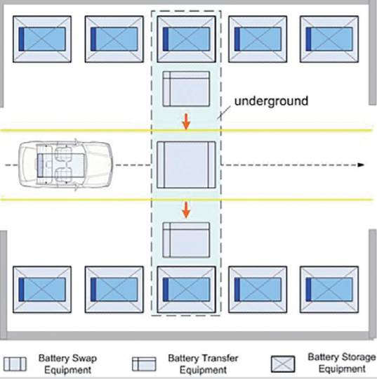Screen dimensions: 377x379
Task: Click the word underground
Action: (271, 101)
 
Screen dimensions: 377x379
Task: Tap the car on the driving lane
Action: (66, 165)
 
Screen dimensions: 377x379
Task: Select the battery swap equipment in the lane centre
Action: (186, 165)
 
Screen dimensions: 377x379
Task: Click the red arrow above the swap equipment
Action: (186, 122)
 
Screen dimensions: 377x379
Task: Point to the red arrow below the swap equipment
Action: (186, 210)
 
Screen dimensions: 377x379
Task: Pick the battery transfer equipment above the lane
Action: (186, 89)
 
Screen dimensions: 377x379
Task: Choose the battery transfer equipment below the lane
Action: (186, 240)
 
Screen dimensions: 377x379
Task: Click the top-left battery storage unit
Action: (42, 39)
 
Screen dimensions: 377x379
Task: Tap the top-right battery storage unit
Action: (329, 39)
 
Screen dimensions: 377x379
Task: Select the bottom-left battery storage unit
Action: (42, 290)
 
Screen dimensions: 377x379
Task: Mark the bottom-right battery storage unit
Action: (329, 290)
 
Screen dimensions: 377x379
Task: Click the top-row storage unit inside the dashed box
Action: (186, 39)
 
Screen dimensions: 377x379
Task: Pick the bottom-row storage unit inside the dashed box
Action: (186, 290)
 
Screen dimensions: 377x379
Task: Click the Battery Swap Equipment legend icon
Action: (15, 364)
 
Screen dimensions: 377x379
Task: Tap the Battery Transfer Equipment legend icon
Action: (144, 364)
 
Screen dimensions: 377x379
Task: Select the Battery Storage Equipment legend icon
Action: (283, 364)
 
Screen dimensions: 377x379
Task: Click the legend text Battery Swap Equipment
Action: (67, 364)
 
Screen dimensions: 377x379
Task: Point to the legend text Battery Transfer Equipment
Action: (203, 364)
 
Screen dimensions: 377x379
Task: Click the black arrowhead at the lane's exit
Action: (361, 165)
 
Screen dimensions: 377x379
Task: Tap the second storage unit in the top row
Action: (114, 39)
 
